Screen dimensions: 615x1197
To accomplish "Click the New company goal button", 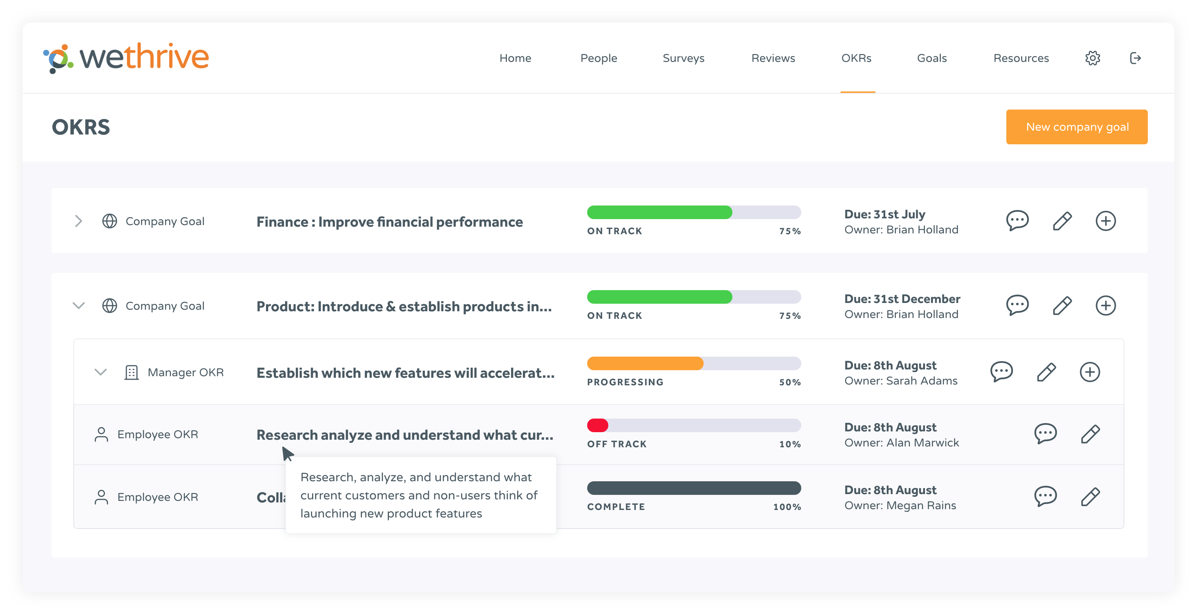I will tap(1076, 127).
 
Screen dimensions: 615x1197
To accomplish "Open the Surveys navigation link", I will tap(683, 58).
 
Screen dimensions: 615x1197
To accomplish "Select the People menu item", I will tap(598, 58).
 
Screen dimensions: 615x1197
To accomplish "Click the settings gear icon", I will tap(1093, 58).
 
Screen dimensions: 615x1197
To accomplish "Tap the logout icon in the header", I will tap(1135, 58).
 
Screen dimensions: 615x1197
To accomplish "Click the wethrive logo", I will tap(126, 57).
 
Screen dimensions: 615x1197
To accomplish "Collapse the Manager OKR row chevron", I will tap(100, 372).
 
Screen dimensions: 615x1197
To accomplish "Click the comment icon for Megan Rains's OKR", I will tap(1045, 496).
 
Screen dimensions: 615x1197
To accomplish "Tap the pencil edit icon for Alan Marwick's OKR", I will tap(1090, 434).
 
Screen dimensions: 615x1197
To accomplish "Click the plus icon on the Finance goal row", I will tap(1105, 221).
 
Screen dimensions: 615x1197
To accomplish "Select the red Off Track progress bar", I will tap(598, 425).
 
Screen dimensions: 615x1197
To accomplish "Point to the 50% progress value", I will tap(790, 382).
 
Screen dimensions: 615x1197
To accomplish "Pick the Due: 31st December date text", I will tap(902, 299).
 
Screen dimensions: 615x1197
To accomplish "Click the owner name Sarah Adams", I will tap(922, 381).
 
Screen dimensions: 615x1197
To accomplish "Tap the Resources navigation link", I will tap(1021, 58).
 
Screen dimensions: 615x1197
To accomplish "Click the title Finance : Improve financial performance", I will tap(389, 222).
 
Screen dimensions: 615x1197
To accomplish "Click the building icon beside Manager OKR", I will tap(132, 372).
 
